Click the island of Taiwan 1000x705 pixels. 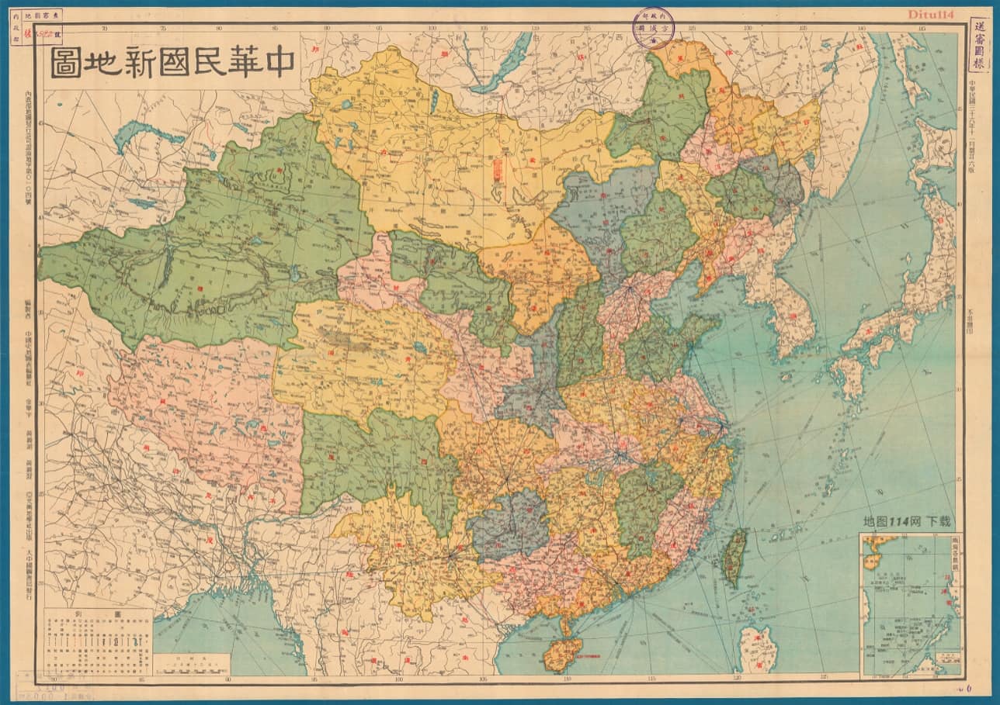pos(734,556)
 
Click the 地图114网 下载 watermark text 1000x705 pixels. pos(907,521)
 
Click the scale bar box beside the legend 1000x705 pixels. pos(191,664)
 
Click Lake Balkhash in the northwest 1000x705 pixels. pos(148,136)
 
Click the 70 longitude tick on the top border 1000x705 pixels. pos(106,29)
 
